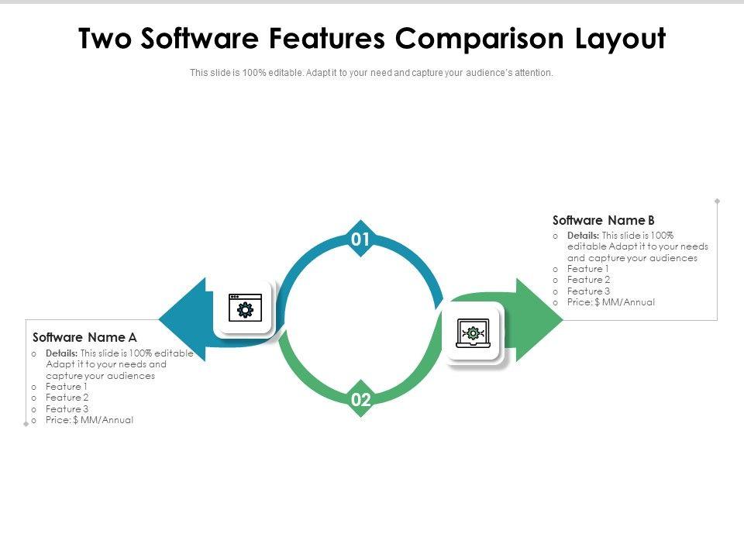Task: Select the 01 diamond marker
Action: (x=360, y=239)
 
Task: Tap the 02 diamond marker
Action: (x=360, y=400)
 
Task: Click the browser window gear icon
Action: (x=245, y=308)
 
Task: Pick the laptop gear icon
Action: (x=473, y=332)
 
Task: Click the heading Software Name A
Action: (x=85, y=337)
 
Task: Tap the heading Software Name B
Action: (x=604, y=220)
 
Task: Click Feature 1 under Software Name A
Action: (x=67, y=387)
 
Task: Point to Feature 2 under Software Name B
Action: (x=589, y=280)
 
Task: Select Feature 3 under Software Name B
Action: (x=589, y=291)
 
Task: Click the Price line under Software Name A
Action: (x=90, y=420)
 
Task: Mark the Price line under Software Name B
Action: (x=611, y=302)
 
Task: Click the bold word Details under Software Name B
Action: (x=583, y=236)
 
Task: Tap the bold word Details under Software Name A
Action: (x=61, y=353)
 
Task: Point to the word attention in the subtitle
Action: (x=533, y=73)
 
